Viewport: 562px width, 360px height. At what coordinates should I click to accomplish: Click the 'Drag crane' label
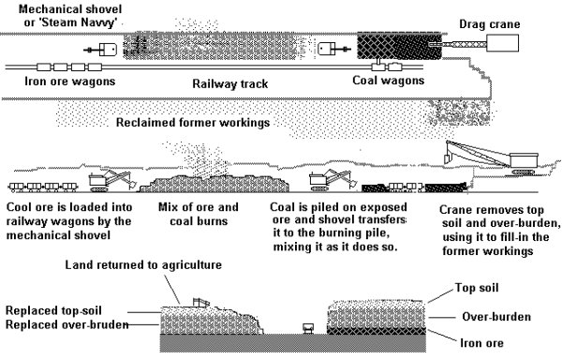pyautogui.click(x=489, y=24)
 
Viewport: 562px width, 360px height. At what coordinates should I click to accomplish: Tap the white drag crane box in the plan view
pyautogui.click(x=502, y=43)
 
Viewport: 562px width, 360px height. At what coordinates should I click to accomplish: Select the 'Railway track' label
pyautogui.click(x=230, y=83)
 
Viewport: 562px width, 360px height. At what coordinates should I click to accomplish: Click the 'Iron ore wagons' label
pyautogui.click(x=70, y=82)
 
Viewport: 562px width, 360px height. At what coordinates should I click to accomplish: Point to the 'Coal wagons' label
pyautogui.click(x=388, y=81)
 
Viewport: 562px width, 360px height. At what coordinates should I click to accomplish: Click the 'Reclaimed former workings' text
pyautogui.click(x=193, y=123)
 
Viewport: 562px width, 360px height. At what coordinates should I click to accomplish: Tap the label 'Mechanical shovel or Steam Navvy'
pyautogui.click(x=70, y=16)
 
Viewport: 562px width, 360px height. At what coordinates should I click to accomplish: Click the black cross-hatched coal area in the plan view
pyautogui.click(x=399, y=46)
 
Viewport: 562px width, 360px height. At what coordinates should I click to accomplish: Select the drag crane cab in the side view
pyautogui.click(x=524, y=160)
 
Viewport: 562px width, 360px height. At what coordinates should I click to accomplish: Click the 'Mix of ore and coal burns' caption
pyautogui.click(x=199, y=214)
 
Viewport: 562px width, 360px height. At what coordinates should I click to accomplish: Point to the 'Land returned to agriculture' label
pyautogui.click(x=143, y=265)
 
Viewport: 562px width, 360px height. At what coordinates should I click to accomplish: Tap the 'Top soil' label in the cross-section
pyautogui.click(x=477, y=288)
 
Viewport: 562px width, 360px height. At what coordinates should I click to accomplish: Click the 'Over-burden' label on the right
pyautogui.click(x=496, y=317)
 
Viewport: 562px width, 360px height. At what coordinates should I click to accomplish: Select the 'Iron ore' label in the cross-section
pyautogui.click(x=481, y=343)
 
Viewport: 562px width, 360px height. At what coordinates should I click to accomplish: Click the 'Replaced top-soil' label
pyautogui.click(x=53, y=310)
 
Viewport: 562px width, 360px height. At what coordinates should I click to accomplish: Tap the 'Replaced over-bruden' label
pyautogui.click(x=67, y=325)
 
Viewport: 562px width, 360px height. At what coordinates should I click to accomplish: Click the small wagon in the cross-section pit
pyautogui.click(x=308, y=328)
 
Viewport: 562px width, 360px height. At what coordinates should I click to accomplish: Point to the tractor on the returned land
pyautogui.click(x=200, y=302)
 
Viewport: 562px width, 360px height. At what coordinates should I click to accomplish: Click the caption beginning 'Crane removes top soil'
pyautogui.click(x=500, y=231)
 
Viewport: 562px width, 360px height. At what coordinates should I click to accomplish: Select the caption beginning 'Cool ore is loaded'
pyautogui.click(x=69, y=221)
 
